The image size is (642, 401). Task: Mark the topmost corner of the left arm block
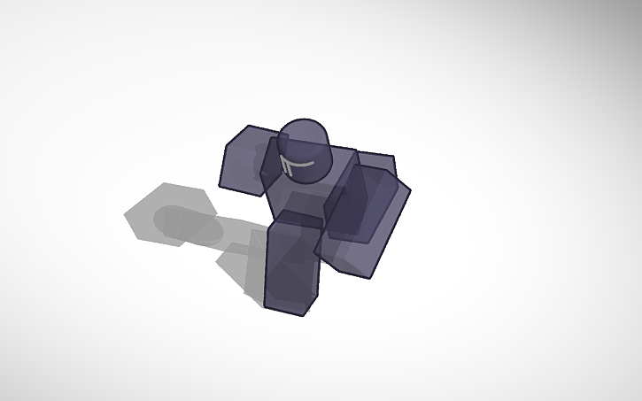[x=248, y=126]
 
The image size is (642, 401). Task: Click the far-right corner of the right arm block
[x=411, y=187]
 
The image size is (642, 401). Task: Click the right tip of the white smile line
[x=316, y=162]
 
